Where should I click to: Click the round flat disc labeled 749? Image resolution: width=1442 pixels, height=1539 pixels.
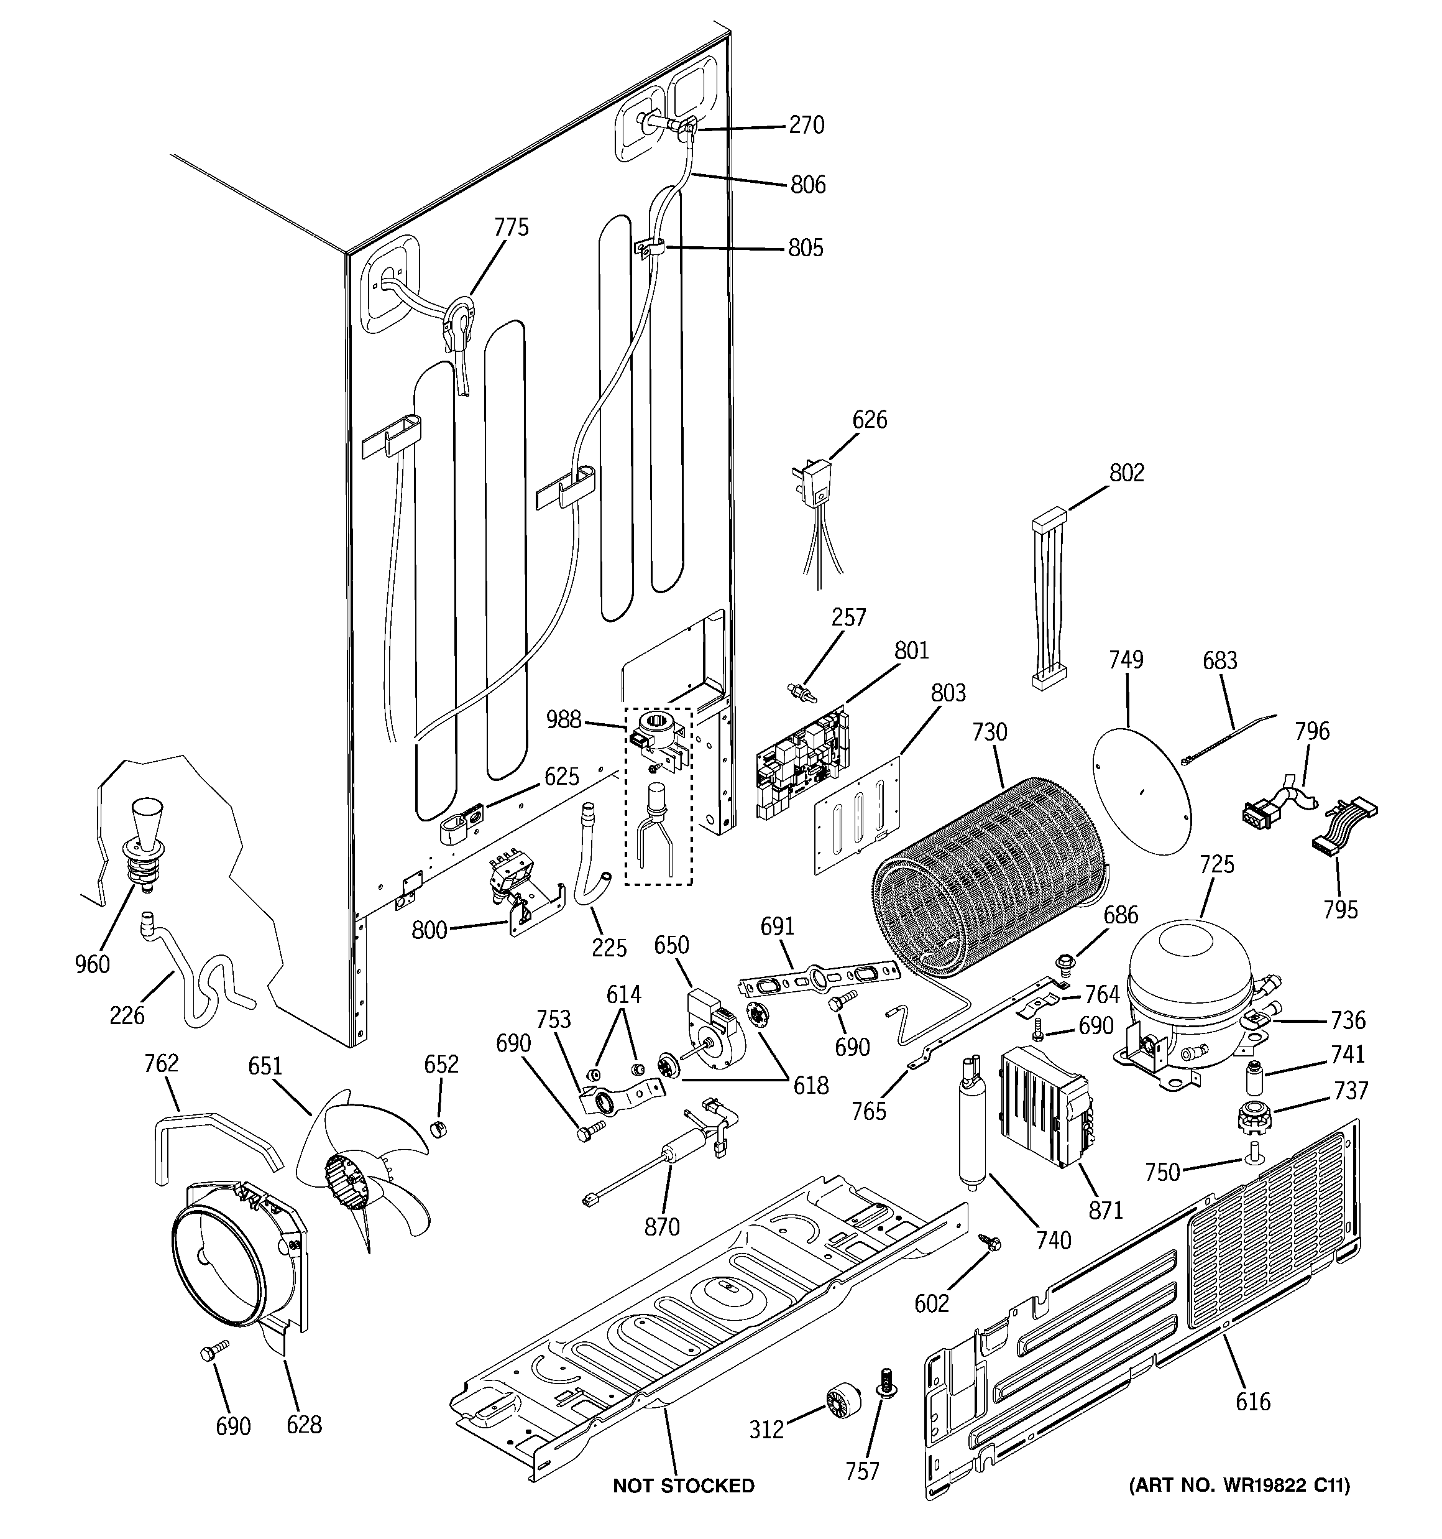(1139, 787)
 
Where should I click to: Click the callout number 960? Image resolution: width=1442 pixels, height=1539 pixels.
(92, 964)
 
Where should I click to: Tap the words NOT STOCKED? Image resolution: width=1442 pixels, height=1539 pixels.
(682, 1485)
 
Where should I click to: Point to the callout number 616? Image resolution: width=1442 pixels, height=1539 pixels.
(1252, 1401)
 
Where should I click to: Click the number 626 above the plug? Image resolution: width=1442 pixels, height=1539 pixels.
(869, 420)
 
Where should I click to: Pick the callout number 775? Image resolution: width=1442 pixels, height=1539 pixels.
(511, 227)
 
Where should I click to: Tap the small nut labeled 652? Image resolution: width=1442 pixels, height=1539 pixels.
(438, 1128)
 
